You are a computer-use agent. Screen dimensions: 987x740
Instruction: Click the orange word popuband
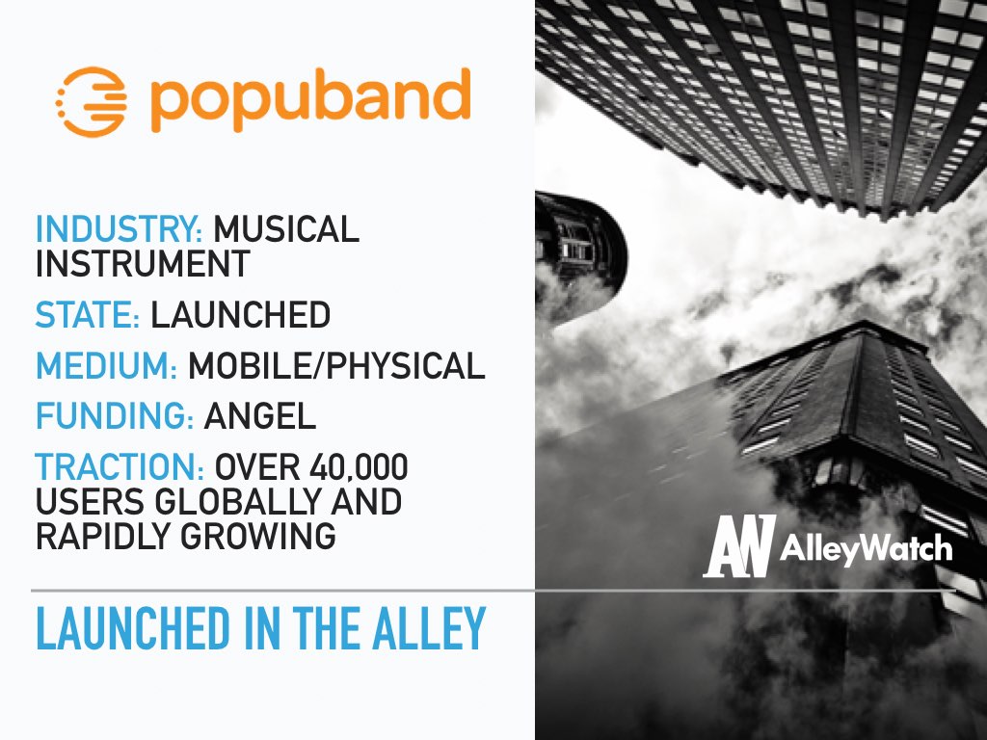[x=311, y=99]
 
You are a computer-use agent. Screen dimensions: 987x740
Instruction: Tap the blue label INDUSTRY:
[x=119, y=229]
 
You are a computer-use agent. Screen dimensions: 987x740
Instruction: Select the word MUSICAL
[x=286, y=229]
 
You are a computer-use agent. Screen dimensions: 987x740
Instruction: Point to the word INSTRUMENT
[x=143, y=264]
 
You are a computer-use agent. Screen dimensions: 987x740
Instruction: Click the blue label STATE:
[x=88, y=315]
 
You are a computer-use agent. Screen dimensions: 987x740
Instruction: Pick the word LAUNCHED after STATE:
[x=240, y=315]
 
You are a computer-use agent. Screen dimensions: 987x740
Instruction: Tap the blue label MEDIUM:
[x=106, y=365]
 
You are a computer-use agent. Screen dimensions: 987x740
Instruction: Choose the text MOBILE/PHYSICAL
[x=336, y=365]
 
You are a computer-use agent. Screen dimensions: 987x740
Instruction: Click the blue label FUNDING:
[x=115, y=416]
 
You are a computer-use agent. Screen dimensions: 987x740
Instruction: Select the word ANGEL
[x=260, y=416]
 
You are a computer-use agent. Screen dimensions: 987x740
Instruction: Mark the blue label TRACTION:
[x=120, y=467]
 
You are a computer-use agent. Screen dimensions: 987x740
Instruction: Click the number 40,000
[x=359, y=468]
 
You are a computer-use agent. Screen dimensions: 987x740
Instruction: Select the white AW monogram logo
[x=739, y=546]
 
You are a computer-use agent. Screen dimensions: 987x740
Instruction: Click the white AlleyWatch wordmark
[x=867, y=548]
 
